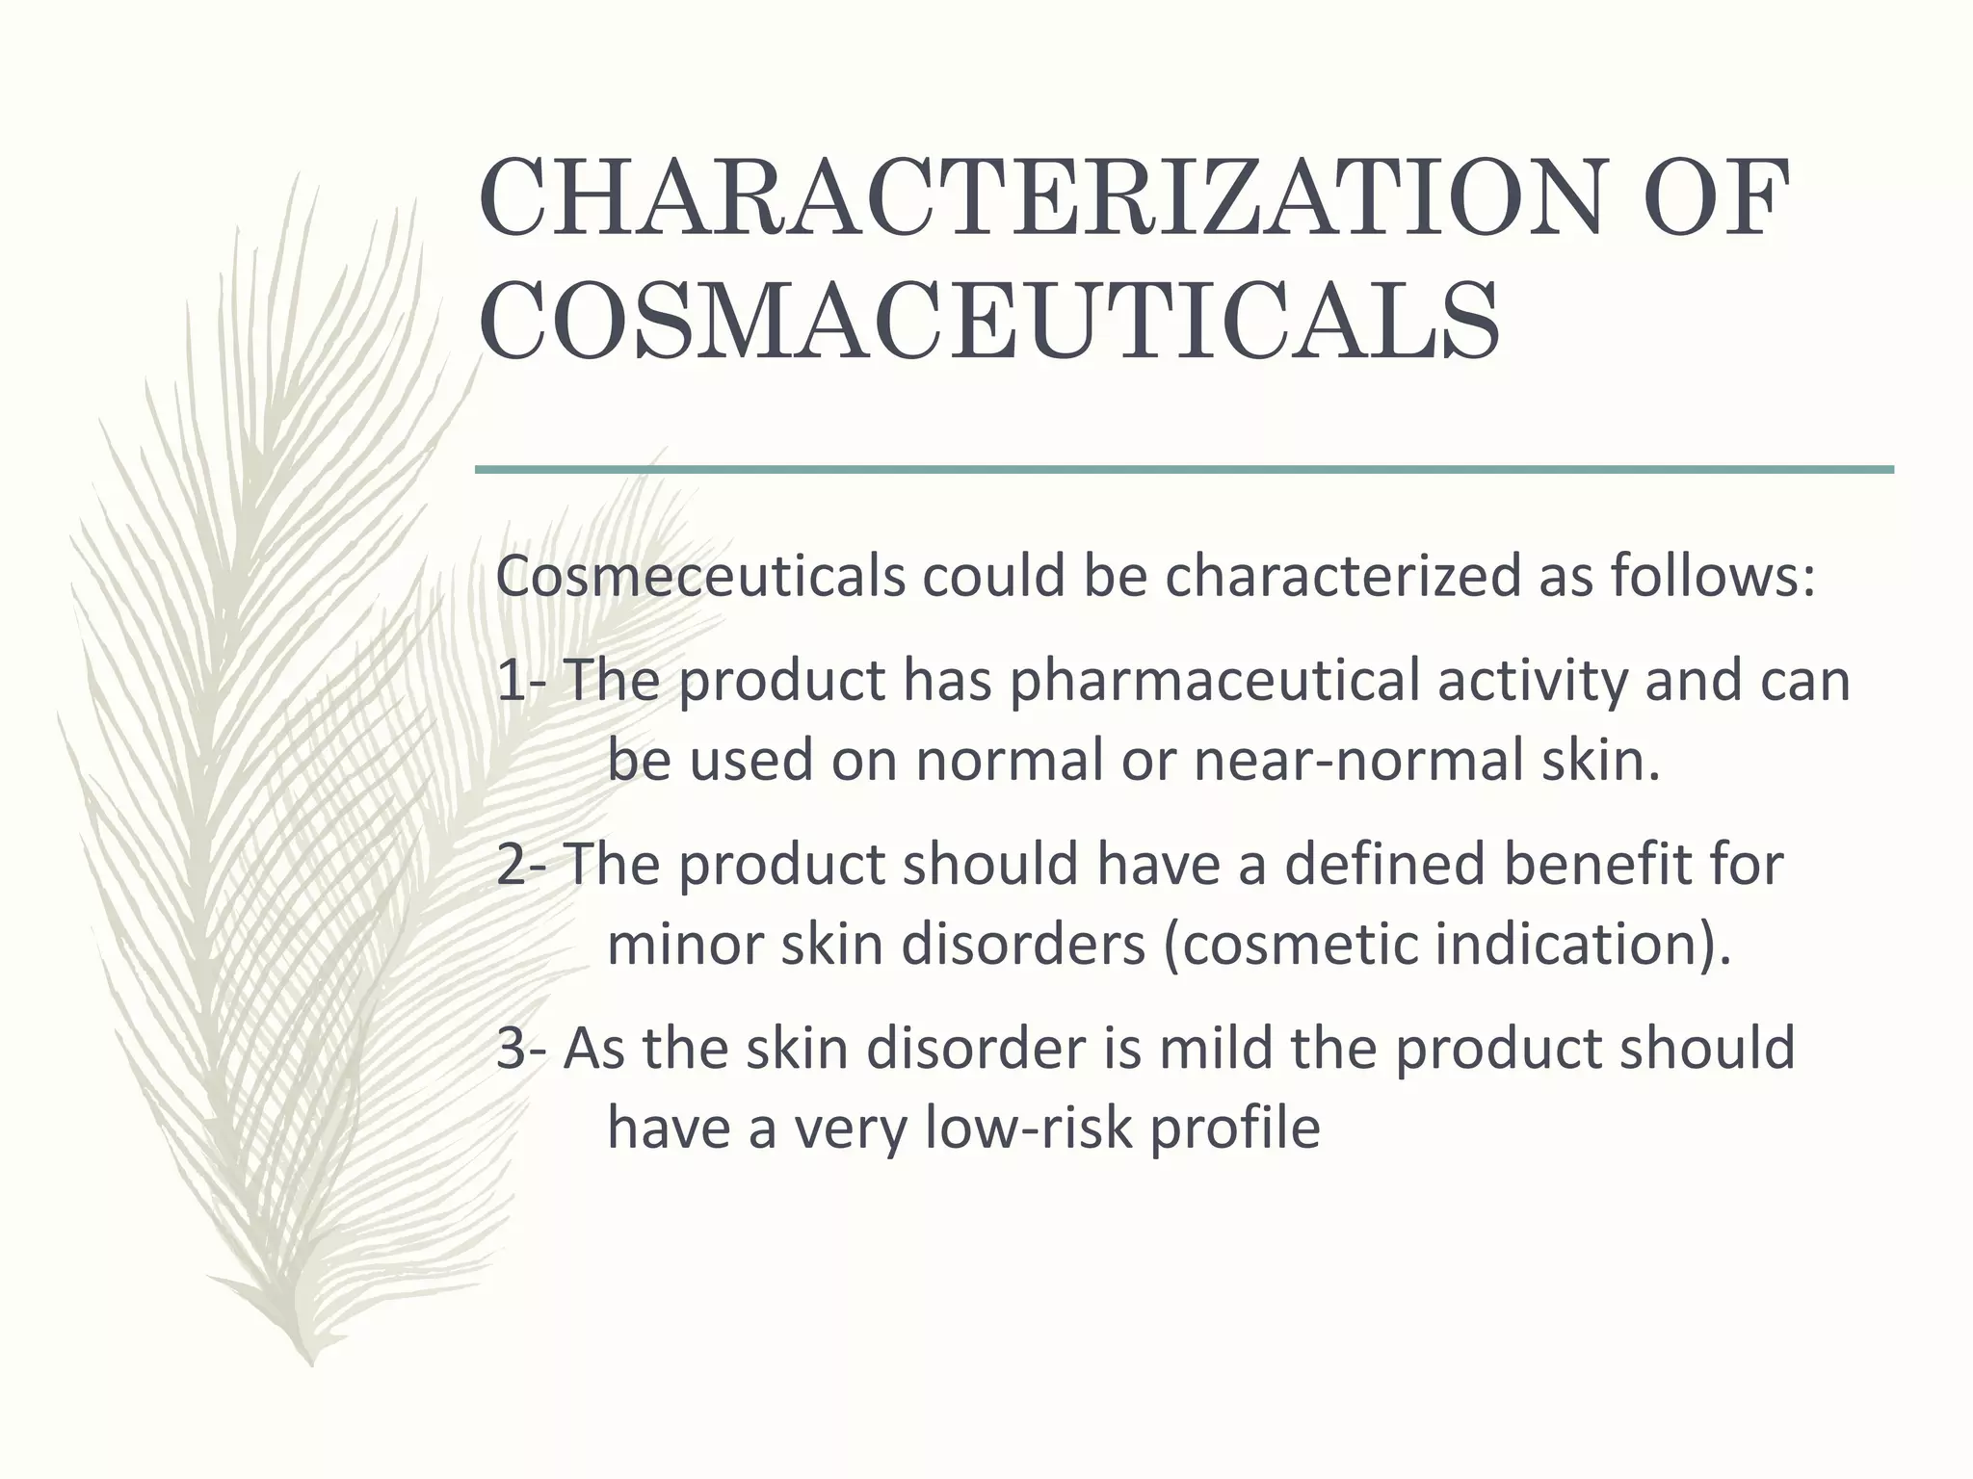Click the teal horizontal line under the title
coord(1184,470)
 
